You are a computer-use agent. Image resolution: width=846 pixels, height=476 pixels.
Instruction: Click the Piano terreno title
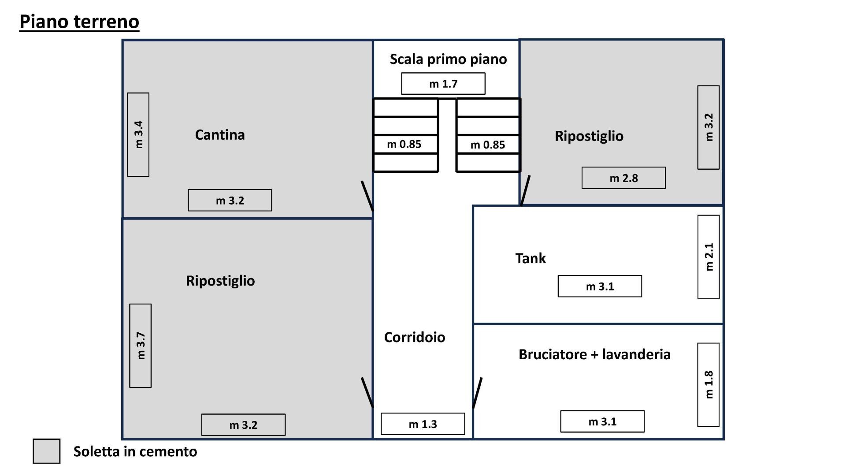coord(79,22)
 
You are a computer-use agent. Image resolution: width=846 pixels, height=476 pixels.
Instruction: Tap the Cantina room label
coord(220,135)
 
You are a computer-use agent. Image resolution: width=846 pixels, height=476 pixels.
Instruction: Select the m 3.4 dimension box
coord(138,134)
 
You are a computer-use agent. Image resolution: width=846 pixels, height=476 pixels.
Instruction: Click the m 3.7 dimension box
coord(141,346)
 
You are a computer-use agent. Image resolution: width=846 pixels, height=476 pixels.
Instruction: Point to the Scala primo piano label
coord(448,59)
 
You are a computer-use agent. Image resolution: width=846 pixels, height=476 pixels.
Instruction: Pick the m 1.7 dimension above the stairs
coord(443,84)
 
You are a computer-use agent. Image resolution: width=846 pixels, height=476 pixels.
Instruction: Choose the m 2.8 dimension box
coord(623,178)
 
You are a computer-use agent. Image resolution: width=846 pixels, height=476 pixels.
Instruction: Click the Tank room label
coord(531,258)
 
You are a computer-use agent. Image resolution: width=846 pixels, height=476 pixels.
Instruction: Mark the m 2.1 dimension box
coord(709,257)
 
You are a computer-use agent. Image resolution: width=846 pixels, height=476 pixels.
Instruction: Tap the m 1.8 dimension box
coord(709,385)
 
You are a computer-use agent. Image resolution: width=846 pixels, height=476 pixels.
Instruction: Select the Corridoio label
coord(415,337)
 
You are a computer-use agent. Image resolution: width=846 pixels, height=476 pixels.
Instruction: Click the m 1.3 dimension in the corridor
coord(423,424)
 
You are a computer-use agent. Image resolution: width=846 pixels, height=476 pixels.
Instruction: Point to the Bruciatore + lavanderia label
coord(594,354)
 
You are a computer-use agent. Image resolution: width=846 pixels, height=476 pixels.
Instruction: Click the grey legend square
coord(47,451)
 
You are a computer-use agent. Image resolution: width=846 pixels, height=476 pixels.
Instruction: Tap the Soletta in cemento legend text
coord(135,451)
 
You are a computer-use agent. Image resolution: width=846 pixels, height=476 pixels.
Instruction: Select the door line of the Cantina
coord(367,196)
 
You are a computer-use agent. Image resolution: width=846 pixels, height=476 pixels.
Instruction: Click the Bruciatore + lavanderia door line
coord(477,393)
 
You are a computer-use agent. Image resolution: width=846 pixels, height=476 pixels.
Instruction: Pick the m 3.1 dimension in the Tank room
coord(600,286)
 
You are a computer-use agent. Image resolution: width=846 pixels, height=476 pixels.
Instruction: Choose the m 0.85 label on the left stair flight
coord(404,144)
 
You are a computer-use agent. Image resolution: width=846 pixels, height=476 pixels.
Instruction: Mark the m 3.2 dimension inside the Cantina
coord(230,201)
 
